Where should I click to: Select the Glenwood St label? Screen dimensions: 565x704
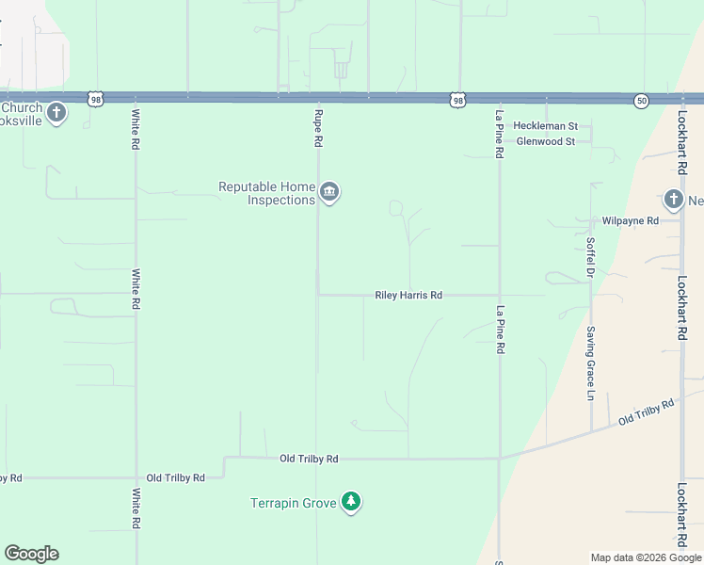(546, 141)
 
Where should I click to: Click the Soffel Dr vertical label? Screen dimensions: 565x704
(591, 256)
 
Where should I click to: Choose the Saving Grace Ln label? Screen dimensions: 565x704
(591, 363)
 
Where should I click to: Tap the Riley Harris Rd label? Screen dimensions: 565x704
(408, 295)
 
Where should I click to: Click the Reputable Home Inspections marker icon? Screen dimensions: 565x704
(329, 193)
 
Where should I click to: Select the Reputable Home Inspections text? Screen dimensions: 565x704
(266, 193)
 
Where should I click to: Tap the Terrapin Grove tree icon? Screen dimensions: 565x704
(351, 502)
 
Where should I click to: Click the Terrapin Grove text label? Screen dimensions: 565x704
(293, 503)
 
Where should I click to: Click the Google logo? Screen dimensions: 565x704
(31, 554)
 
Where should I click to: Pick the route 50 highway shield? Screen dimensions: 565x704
(641, 100)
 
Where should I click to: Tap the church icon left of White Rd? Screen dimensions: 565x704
(56, 114)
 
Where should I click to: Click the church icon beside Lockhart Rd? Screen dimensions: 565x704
(673, 199)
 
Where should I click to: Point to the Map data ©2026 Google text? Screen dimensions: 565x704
(645, 557)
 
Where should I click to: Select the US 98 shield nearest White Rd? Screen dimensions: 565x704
(96, 99)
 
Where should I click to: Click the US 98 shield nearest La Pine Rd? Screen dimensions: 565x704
(457, 99)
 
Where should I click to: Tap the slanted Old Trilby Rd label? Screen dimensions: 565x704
(648, 412)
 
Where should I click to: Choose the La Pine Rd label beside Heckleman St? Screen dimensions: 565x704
(500, 133)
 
